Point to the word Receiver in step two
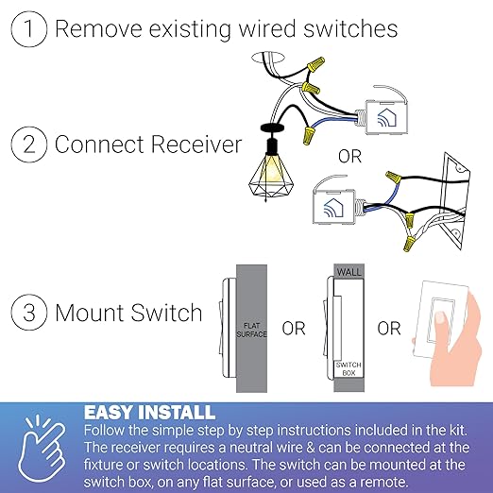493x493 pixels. tap(198, 145)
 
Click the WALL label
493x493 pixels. tap(349, 272)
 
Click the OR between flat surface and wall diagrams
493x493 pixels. tap(294, 329)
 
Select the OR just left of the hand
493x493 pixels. tap(388, 329)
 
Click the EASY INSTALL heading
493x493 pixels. tap(149, 413)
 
